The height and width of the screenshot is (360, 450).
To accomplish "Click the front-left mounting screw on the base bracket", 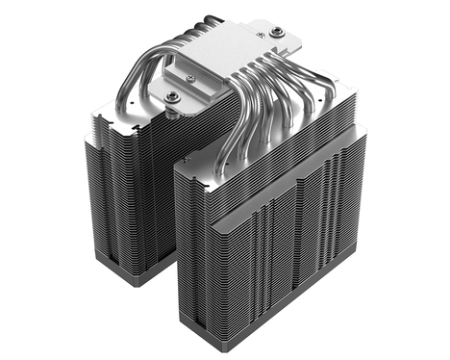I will coord(173,96).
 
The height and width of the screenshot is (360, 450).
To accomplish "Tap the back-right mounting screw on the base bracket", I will coord(278,33).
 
